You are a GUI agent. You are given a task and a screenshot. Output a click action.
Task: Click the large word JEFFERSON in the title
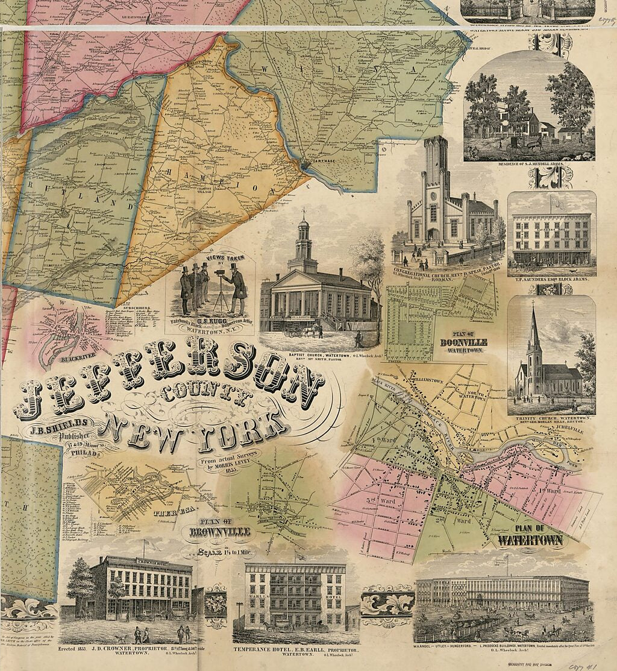(169, 386)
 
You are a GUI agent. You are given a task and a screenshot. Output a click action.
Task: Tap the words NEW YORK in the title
(193, 429)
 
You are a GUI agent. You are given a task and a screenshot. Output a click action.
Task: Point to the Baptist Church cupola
(303, 238)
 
